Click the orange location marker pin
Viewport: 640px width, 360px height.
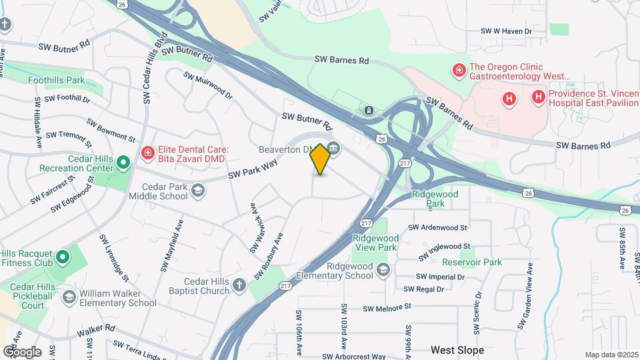(x=321, y=159)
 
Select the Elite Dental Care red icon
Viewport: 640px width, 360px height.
(x=147, y=154)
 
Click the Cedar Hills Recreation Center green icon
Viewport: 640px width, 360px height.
(x=123, y=163)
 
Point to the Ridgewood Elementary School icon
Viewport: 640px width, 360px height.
(x=383, y=270)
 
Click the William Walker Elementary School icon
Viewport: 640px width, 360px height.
(x=69, y=297)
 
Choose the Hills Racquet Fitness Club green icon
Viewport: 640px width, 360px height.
(x=62, y=257)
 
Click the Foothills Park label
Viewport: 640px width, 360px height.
(x=57, y=80)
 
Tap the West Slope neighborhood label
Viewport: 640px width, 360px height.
(x=457, y=349)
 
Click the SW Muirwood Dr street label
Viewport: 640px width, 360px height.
(x=208, y=86)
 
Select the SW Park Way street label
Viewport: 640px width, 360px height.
(x=253, y=168)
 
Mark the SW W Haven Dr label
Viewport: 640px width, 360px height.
(x=506, y=31)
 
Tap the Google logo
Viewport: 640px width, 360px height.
(x=22, y=351)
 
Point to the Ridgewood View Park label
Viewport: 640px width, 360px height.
(x=375, y=243)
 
